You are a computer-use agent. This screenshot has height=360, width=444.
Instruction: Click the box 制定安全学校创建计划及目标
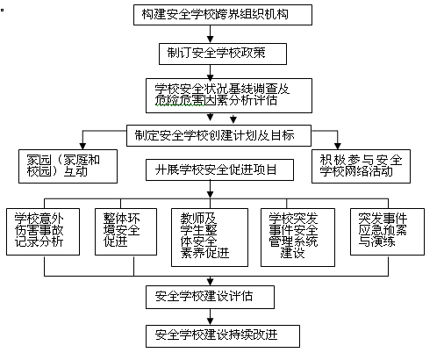coord(220,134)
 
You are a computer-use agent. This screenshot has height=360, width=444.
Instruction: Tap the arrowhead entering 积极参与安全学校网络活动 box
coord(339,146)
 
